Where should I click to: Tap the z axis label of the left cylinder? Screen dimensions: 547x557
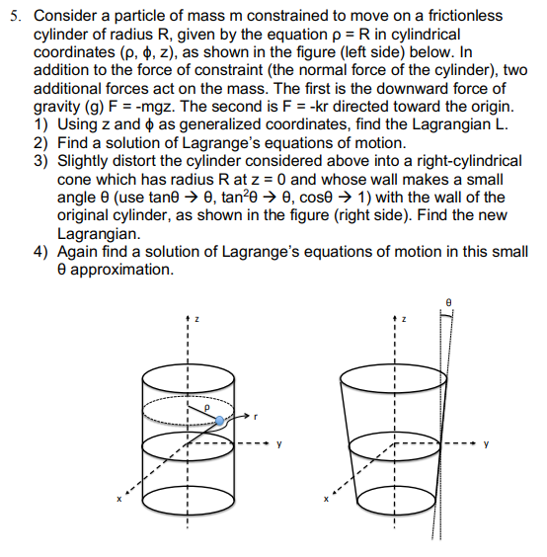click(195, 319)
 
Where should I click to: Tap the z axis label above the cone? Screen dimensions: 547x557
click(403, 319)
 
